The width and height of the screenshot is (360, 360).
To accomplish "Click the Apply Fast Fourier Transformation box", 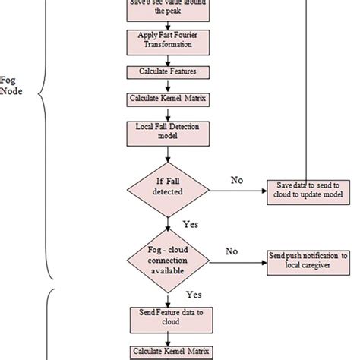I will pyautogui.click(x=165, y=40).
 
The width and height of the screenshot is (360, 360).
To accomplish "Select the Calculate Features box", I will pyautogui.click(x=165, y=71).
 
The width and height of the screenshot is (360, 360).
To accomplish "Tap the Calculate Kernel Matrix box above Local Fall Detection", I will pyautogui.click(x=165, y=99).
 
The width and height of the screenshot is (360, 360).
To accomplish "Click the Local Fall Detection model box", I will pyautogui.click(x=165, y=134).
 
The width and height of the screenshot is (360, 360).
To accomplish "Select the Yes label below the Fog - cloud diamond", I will pyautogui.click(x=193, y=293).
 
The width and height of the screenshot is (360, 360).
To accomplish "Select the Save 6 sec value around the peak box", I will pyautogui.click(x=165, y=8).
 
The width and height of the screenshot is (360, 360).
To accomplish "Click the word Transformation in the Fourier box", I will pyautogui.click(x=165, y=45).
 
